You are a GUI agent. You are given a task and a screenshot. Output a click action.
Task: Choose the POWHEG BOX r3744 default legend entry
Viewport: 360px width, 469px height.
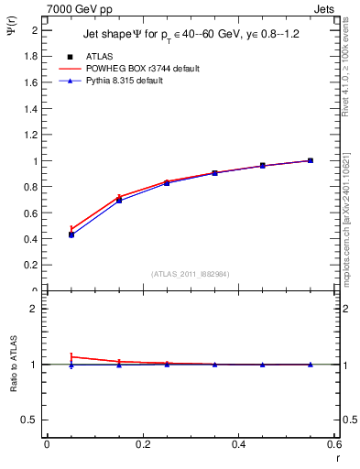[142, 69]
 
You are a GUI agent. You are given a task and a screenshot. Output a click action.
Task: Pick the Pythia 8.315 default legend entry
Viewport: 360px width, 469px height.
[133, 81]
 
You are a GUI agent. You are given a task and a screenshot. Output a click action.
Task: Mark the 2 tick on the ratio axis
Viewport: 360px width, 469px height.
[36, 309]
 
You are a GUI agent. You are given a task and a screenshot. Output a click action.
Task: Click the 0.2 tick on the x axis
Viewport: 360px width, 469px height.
[142, 445]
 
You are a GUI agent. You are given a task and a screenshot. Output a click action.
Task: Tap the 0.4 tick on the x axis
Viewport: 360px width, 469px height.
[238, 445]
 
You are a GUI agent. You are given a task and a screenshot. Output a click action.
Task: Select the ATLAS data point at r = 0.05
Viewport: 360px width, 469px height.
[71, 234]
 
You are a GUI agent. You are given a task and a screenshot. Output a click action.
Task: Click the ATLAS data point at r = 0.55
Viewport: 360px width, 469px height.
[311, 160]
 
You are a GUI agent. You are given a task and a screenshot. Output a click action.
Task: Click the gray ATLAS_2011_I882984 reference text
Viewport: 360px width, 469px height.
[191, 273]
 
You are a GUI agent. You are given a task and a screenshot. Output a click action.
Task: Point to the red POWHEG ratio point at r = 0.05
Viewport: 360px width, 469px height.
[71, 356]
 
